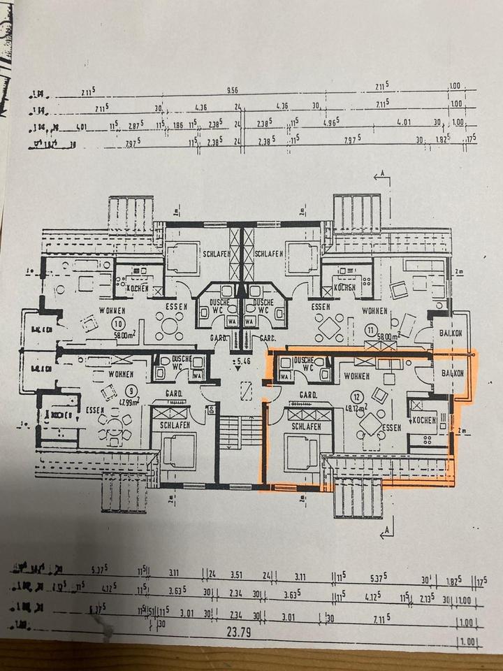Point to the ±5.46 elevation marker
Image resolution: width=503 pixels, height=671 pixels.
[242, 361]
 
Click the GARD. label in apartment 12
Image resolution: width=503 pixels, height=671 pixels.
[308, 396]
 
